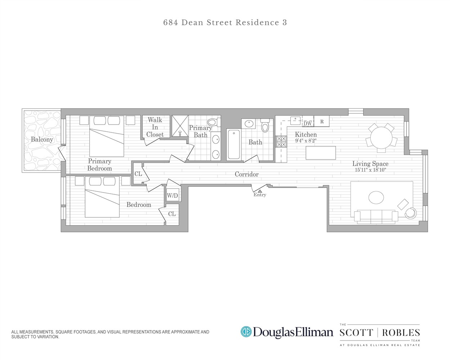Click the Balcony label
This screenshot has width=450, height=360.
click(42, 139)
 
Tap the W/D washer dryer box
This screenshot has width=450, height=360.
click(172, 195)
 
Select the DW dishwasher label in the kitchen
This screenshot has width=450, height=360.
click(307, 123)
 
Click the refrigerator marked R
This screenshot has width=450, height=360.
click(322, 122)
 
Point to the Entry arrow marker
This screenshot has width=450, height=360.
click(259, 191)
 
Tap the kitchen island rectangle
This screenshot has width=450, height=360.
click(321, 153)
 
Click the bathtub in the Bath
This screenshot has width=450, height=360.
click(233, 144)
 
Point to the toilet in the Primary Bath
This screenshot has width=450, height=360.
click(212, 123)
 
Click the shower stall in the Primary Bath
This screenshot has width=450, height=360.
click(180, 126)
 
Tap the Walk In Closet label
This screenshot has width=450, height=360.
click(155, 127)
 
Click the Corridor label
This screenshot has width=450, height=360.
click(246, 174)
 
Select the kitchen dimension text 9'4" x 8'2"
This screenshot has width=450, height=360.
click(306, 141)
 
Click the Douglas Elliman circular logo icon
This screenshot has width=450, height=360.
click(246, 332)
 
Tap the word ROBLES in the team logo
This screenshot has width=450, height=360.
click(401, 332)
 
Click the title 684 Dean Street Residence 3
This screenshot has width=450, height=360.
click(225, 22)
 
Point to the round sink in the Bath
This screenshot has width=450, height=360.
click(249, 124)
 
